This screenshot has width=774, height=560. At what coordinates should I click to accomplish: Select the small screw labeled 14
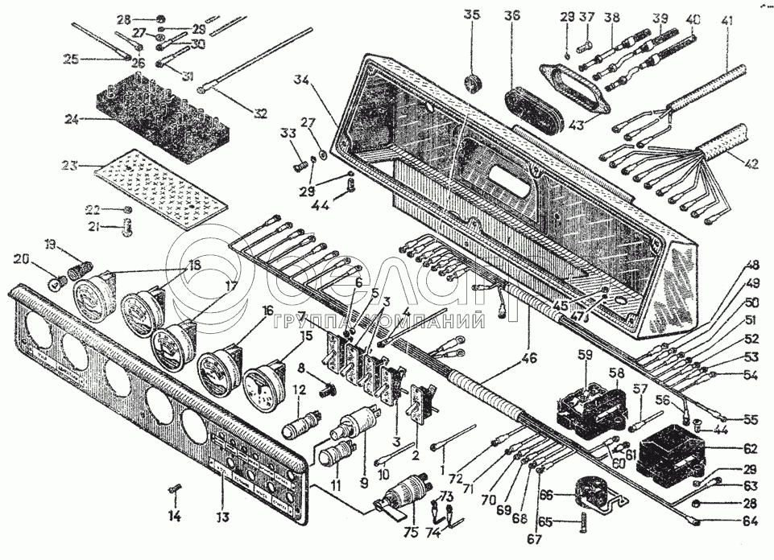tap(177, 488)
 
